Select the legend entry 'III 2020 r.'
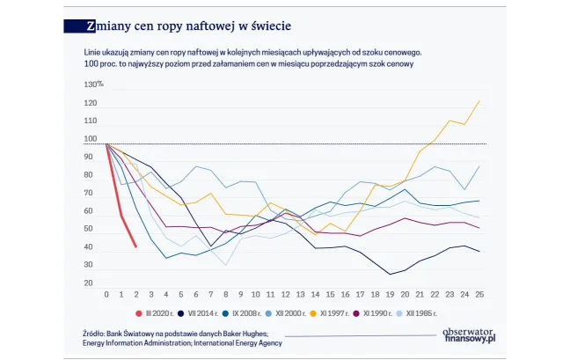(x=159, y=313)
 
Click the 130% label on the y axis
(x=93, y=84)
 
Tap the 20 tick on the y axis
(x=89, y=283)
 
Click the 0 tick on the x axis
(x=106, y=294)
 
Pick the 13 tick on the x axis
(x=300, y=294)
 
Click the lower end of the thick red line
(x=135, y=246)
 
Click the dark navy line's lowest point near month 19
(x=390, y=275)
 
